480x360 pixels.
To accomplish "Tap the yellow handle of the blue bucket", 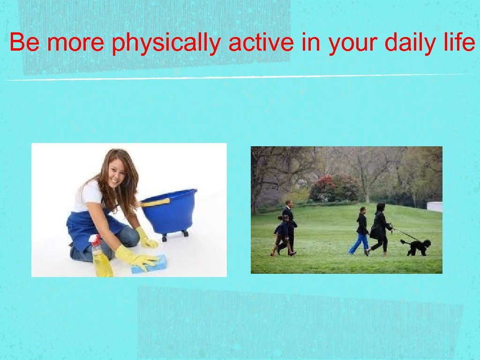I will pyautogui.click(x=155, y=202).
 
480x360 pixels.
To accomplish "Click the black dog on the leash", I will pyautogui.click(x=417, y=247).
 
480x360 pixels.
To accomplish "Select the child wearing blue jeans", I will pyautogui.click(x=361, y=231).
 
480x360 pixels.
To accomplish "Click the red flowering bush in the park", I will pyautogui.click(x=333, y=187).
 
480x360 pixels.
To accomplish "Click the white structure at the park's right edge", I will pyautogui.click(x=435, y=207).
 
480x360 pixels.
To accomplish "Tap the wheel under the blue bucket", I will pyautogui.click(x=165, y=238).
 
